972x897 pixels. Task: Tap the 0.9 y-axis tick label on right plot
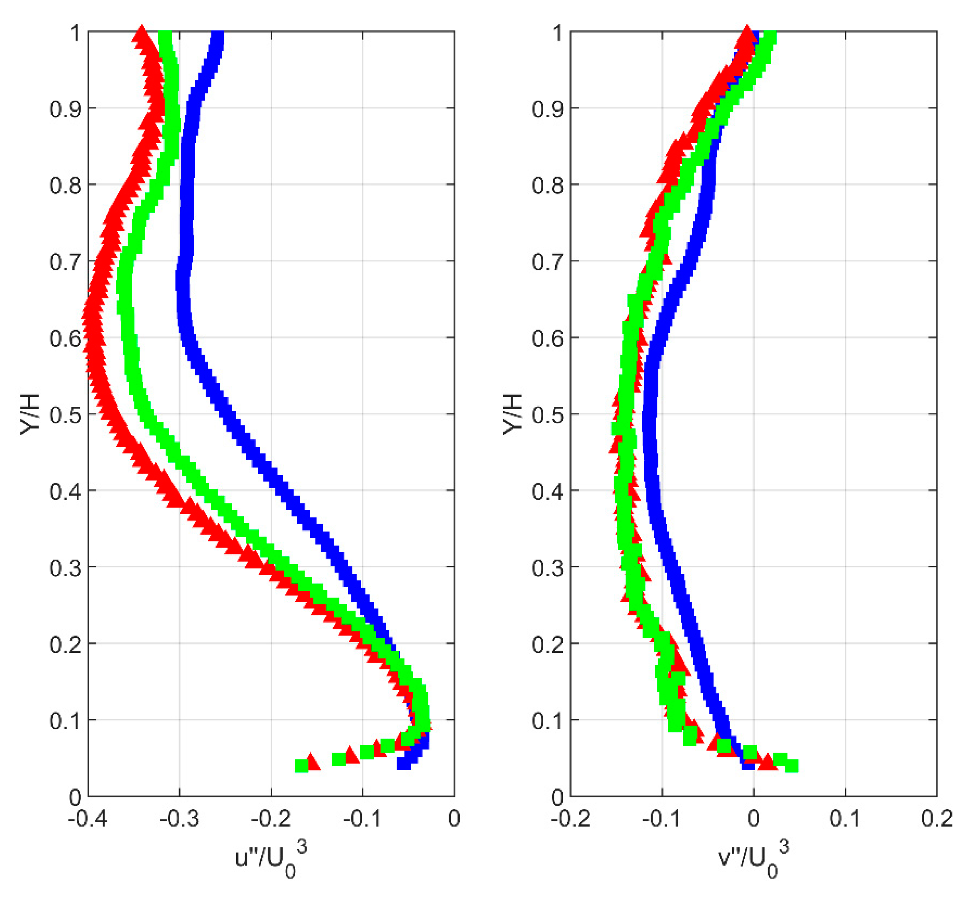point(547,108)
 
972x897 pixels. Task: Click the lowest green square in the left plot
point(301,766)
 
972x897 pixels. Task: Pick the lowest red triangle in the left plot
point(313,762)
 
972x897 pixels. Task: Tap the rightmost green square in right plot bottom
point(791,766)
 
